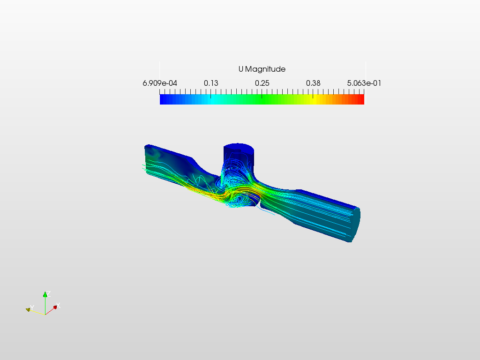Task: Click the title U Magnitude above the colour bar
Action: point(262,69)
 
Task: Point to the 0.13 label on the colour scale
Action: point(210,83)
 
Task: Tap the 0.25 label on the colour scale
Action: point(262,83)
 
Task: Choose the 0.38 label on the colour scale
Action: point(313,83)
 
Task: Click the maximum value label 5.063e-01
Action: point(364,83)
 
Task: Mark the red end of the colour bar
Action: point(361,99)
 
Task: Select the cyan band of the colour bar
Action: point(213,99)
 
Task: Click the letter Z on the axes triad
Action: point(49,293)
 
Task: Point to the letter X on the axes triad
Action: point(59,306)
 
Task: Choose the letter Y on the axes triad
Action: point(31,307)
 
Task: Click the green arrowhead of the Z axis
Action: point(45,294)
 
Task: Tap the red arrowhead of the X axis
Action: point(55,307)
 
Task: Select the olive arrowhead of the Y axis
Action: point(28,309)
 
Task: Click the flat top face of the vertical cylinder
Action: point(239,147)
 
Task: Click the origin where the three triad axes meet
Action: point(45,313)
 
